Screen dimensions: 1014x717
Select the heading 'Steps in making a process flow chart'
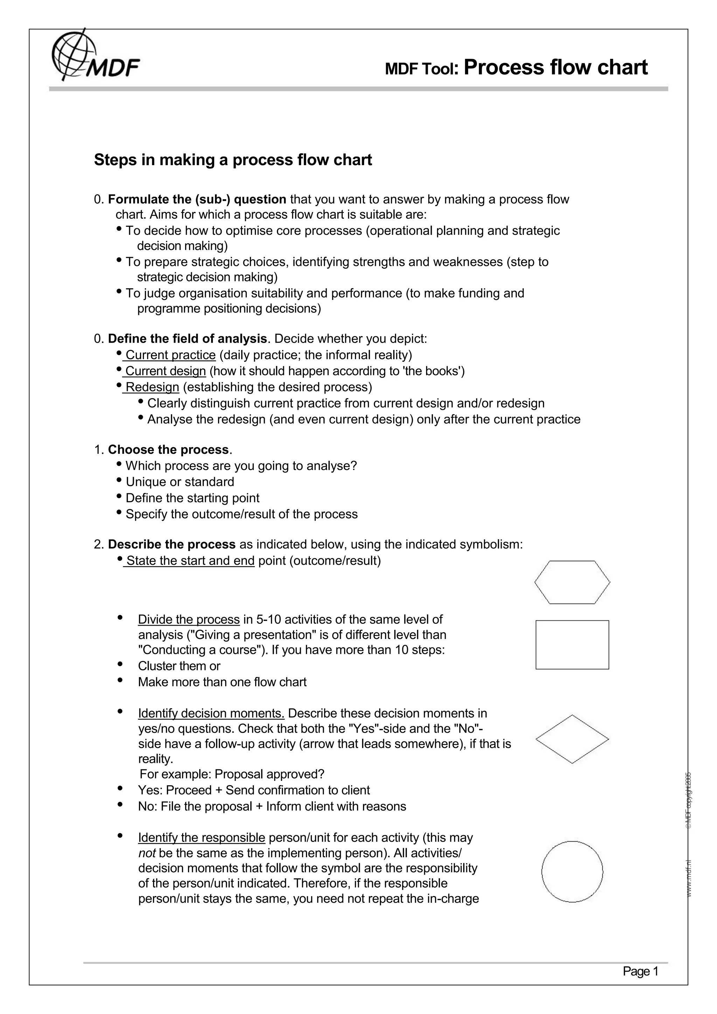pos(233,160)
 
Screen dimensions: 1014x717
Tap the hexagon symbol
pos(572,582)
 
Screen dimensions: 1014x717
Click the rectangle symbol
pos(572,645)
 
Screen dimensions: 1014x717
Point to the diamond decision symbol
pos(572,739)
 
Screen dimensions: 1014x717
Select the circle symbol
pos(572,871)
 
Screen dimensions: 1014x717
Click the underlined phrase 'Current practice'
pos(170,355)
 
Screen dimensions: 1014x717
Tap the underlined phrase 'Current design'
pos(166,371)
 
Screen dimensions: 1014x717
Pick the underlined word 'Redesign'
pos(152,387)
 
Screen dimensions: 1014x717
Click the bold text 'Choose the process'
pos(168,450)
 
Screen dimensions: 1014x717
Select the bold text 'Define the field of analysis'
pos(187,339)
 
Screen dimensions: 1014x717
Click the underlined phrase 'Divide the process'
pos(189,620)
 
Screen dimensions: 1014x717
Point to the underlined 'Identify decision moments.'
pos(211,713)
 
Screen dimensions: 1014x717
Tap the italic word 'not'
pos(147,853)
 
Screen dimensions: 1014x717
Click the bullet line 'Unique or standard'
pos(180,482)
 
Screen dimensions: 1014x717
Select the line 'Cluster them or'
pos(179,666)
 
